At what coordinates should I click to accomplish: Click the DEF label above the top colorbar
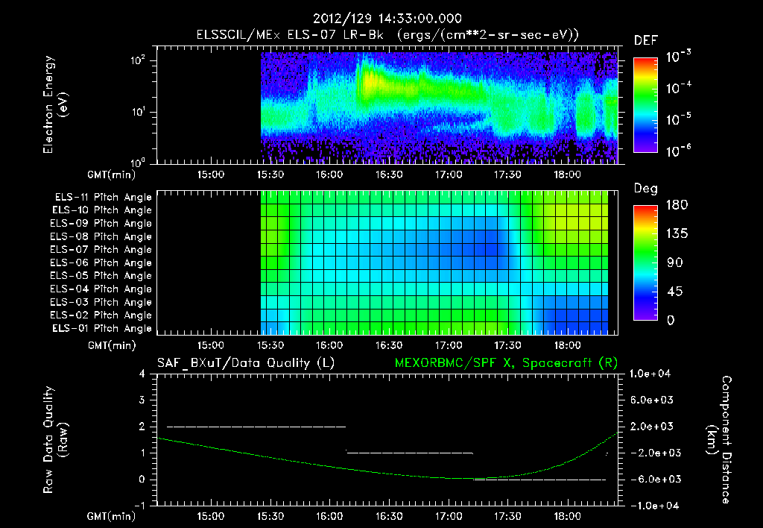(645, 41)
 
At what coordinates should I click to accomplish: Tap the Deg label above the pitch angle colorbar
(645, 189)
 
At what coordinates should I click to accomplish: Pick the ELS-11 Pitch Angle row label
(103, 198)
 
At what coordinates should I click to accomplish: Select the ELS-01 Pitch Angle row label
(103, 328)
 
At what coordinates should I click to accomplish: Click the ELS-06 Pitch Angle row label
(103, 263)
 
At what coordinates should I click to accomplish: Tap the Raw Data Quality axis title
(55, 440)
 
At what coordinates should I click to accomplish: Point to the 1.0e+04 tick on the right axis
(652, 374)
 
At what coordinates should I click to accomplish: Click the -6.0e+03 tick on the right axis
(652, 479)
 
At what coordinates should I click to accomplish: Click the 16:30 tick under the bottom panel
(389, 516)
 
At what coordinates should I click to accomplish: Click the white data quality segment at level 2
(256, 427)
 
